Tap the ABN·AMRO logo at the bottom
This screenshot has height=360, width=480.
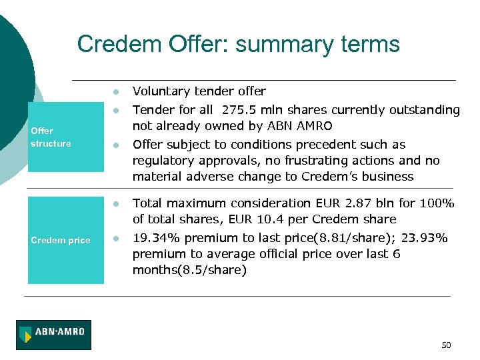pos(53,335)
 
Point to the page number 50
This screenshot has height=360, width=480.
pos(446,345)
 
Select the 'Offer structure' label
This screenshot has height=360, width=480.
pos(51,137)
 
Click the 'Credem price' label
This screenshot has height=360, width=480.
pos(61,240)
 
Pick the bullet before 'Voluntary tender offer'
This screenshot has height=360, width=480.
pos(115,91)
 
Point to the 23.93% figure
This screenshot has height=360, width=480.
pos(425,238)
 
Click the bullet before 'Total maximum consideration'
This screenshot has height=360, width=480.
pos(115,203)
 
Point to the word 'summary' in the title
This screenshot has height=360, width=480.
pos(276,45)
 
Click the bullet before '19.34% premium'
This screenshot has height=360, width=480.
pos(115,238)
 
